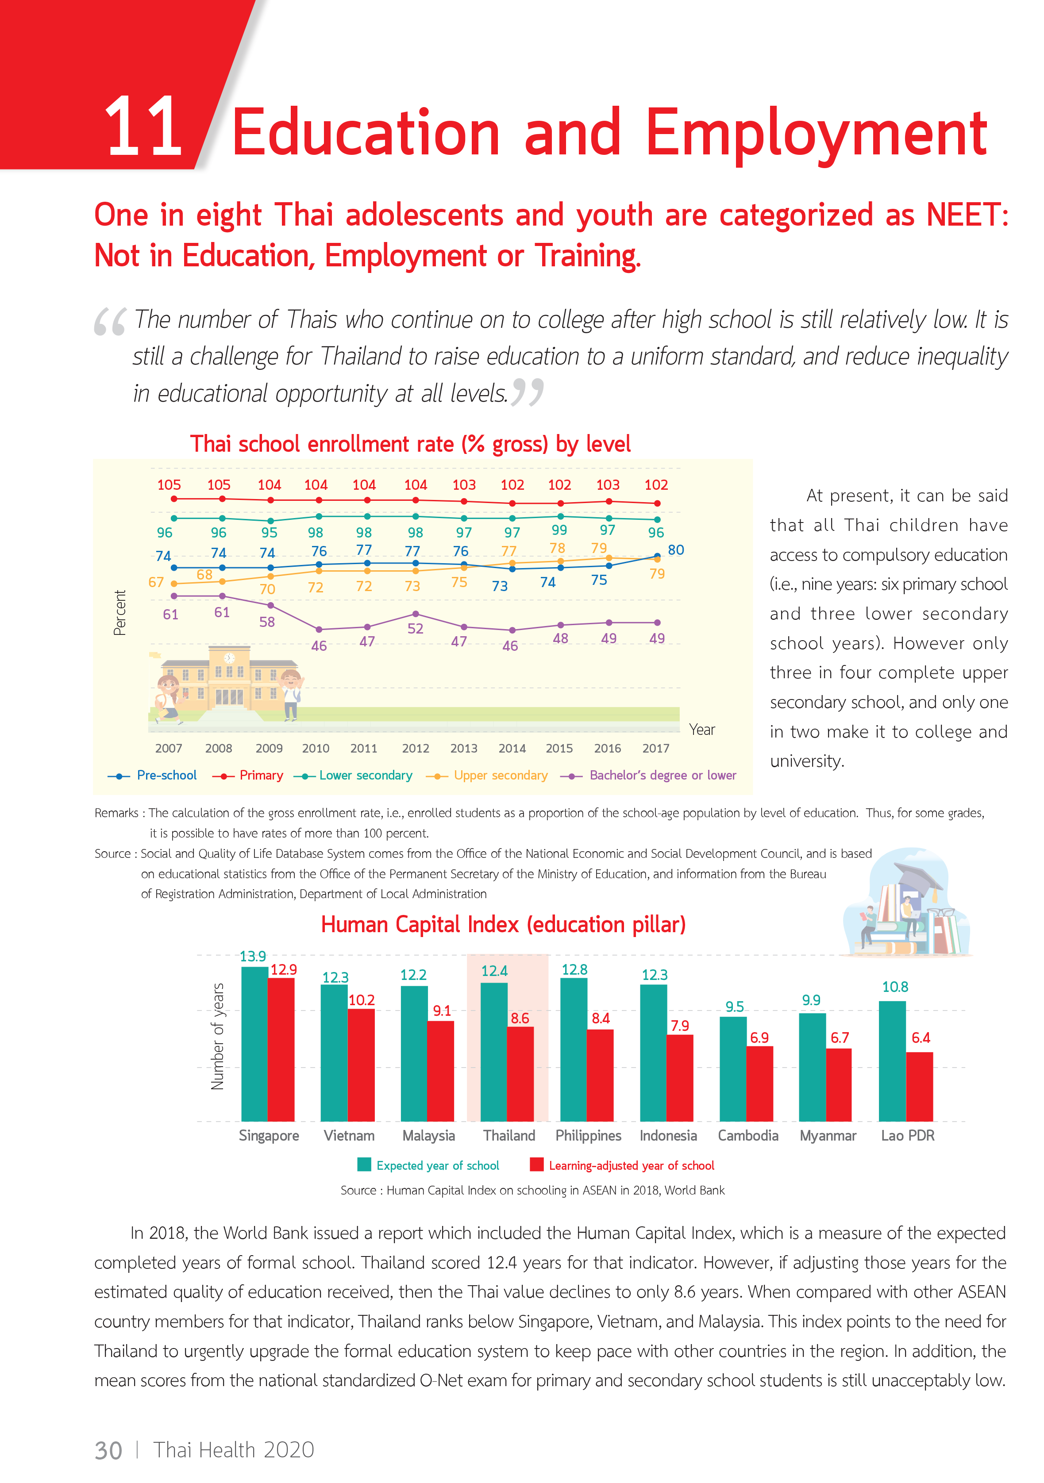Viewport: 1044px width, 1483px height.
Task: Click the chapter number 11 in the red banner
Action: [143, 127]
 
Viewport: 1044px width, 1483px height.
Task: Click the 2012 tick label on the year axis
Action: [416, 748]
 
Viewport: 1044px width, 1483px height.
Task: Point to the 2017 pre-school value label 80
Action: [676, 549]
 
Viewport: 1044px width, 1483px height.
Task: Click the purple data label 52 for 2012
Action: [416, 629]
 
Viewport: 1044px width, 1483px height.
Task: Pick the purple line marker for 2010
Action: [319, 629]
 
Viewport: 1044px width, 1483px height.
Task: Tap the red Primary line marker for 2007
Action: [174, 499]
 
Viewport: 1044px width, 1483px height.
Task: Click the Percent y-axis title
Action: [119, 612]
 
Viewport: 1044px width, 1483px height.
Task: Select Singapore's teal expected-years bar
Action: [254, 1043]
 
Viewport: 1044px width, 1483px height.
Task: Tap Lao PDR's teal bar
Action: [892, 1060]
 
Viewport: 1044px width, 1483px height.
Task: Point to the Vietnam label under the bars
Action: [349, 1136]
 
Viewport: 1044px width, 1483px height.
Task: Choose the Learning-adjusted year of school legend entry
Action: [631, 1165]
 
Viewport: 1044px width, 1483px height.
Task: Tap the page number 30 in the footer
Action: [108, 1450]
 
